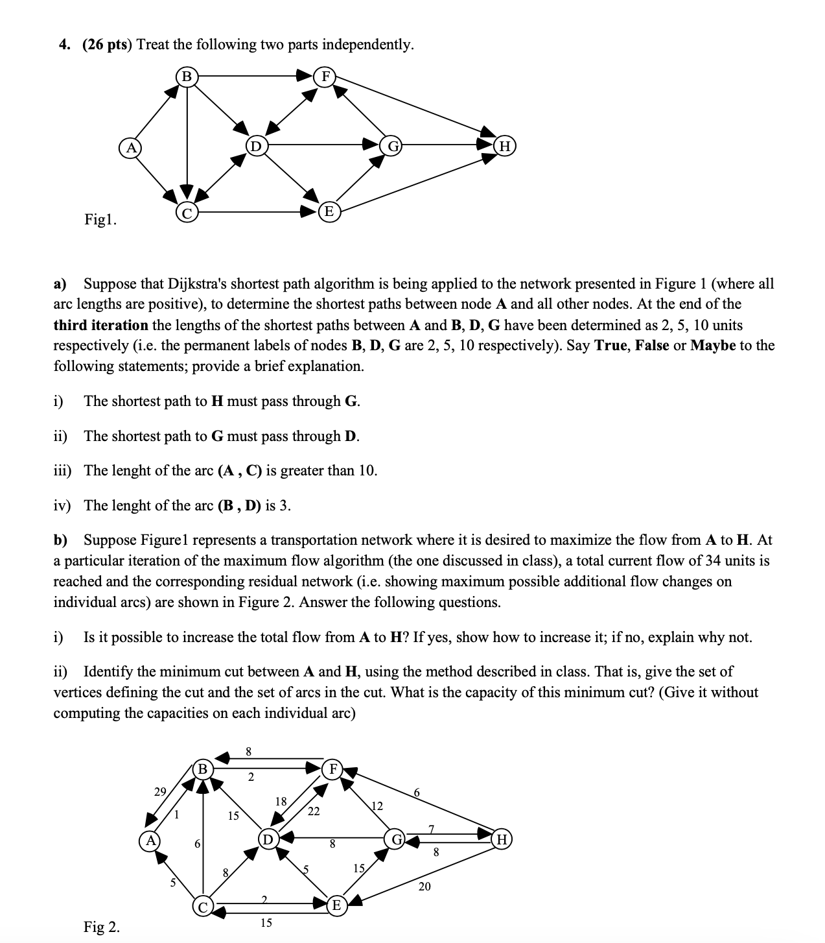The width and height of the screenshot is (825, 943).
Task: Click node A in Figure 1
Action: [130, 147]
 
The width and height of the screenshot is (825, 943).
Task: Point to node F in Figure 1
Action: [325, 77]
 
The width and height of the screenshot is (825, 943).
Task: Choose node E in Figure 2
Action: [336, 905]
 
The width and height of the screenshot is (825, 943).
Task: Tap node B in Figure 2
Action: [203, 769]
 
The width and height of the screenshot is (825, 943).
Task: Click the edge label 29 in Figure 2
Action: [160, 791]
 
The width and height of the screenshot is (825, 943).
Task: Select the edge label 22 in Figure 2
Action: [313, 811]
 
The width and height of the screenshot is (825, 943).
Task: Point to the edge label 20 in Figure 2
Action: [424, 886]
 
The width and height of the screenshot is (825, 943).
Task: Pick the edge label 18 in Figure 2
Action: [281, 801]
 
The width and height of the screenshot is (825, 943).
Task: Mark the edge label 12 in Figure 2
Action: [377, 806]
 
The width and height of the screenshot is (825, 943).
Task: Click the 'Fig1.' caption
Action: [100, 220]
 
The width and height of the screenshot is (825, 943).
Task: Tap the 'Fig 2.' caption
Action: [102, 927]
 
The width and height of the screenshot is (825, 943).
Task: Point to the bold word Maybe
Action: [713, 345]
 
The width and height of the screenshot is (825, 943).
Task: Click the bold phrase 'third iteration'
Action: [100, 324]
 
